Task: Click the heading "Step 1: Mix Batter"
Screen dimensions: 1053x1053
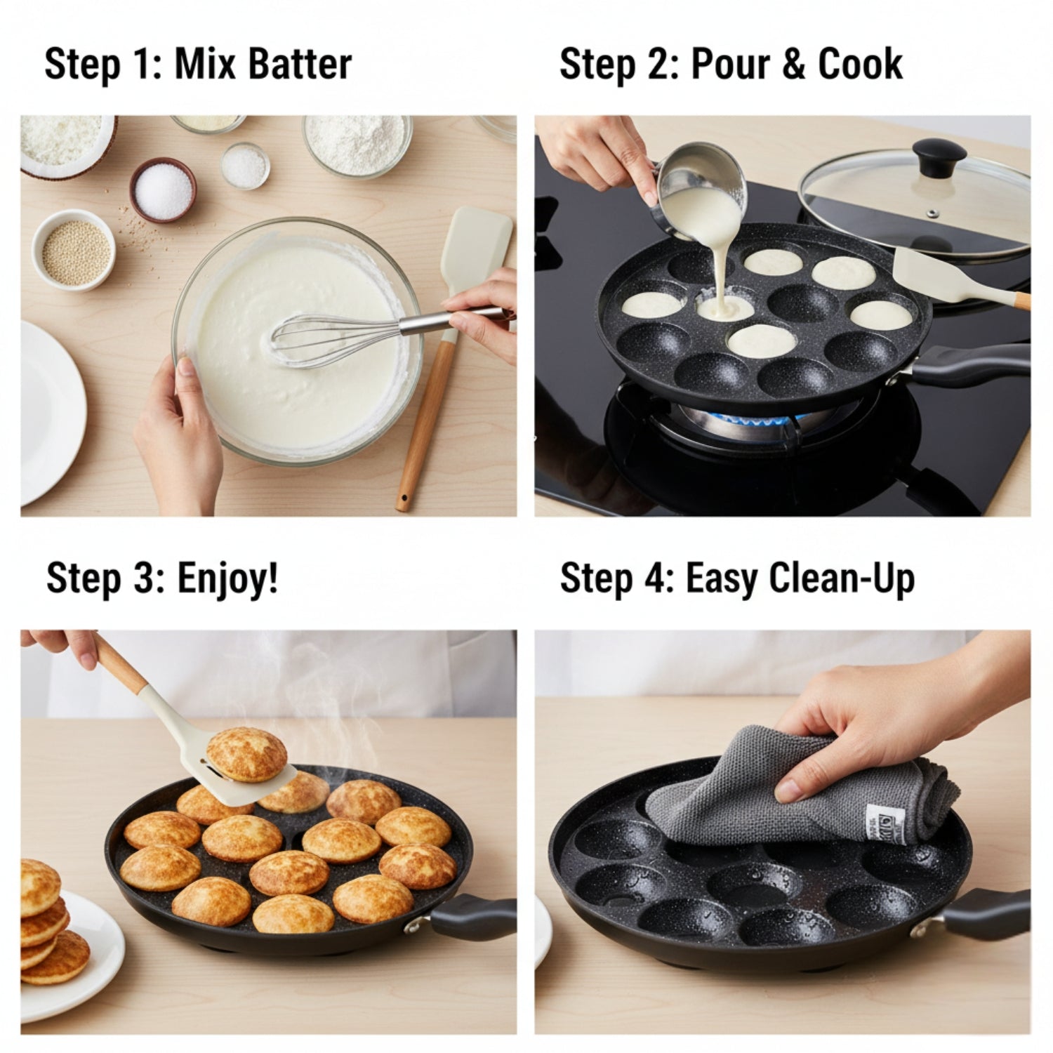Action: [197, 65]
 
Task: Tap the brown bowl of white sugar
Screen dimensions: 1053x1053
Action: [162, 189]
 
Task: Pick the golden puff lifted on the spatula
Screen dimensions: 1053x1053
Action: [246, 755]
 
